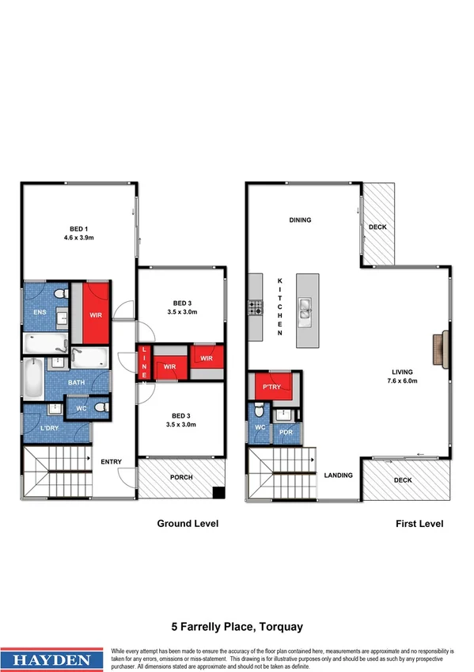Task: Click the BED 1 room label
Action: click(x=77, y=229)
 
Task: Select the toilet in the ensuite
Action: click(x=60, y=296)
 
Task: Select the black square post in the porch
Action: click(x=218, y=494)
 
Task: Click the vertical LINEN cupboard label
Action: click(x=144, y=364)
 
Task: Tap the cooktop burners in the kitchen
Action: click(x=255, y=307)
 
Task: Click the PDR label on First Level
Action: click(x=285, y=433)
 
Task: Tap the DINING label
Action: click(x=300, y=220)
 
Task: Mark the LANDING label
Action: click(x=338, y=475)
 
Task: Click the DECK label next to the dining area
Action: click(x=378, y=228)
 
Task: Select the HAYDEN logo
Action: click(x=52, y=659)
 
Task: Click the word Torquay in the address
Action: click(x=280, y=627)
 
